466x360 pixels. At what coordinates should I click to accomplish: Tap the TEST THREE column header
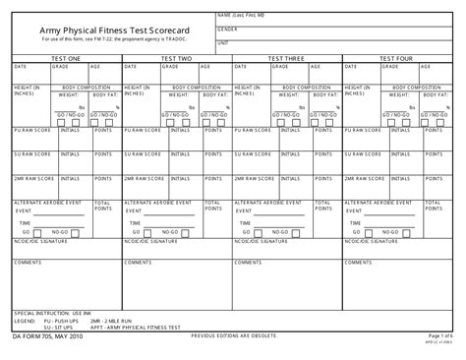pos(287,59)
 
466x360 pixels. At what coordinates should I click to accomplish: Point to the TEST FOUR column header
pos(397,59)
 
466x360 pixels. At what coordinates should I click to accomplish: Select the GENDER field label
pos(228,30)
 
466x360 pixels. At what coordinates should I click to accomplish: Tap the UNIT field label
pos(223,43)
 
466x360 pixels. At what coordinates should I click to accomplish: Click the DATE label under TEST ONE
pos(21,67)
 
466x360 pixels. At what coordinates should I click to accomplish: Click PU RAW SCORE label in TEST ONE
pos(30,129)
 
